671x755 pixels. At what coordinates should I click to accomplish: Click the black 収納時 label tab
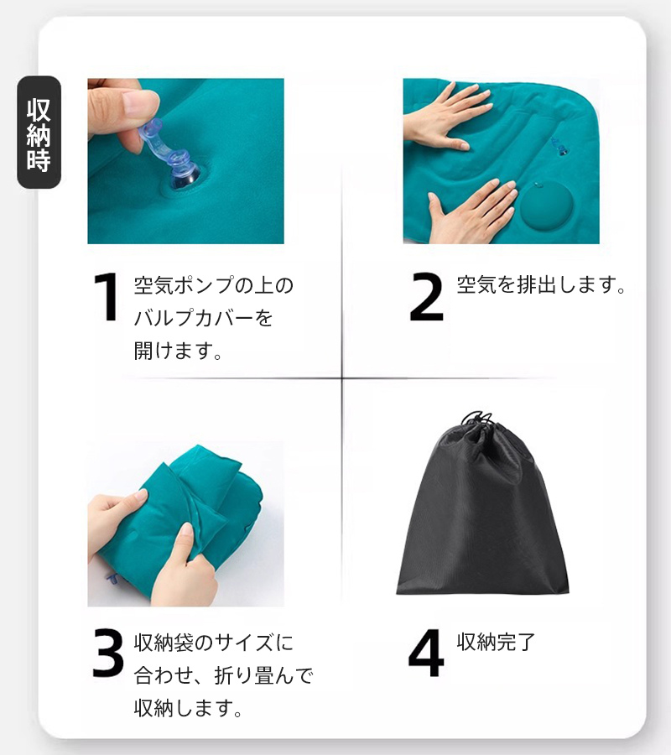coord(39,132)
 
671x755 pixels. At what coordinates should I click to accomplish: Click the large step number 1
coord(107,297)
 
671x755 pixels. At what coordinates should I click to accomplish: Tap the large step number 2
coord(426,297)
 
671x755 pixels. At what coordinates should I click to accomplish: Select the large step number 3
coord(108,653)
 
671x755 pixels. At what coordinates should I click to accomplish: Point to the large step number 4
coord(426,653)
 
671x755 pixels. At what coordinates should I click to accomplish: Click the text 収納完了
coord(496,642)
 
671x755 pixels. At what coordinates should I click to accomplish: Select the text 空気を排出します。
coord(541,284)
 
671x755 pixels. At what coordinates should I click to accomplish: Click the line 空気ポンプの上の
coord(213,285)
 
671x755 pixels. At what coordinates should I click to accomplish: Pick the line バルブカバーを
coord(203,317)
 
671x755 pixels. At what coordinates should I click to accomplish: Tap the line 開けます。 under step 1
coord(178,350)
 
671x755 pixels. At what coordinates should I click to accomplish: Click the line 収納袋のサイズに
coord(213,643)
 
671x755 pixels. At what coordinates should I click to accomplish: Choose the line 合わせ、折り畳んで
coord(223,675)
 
